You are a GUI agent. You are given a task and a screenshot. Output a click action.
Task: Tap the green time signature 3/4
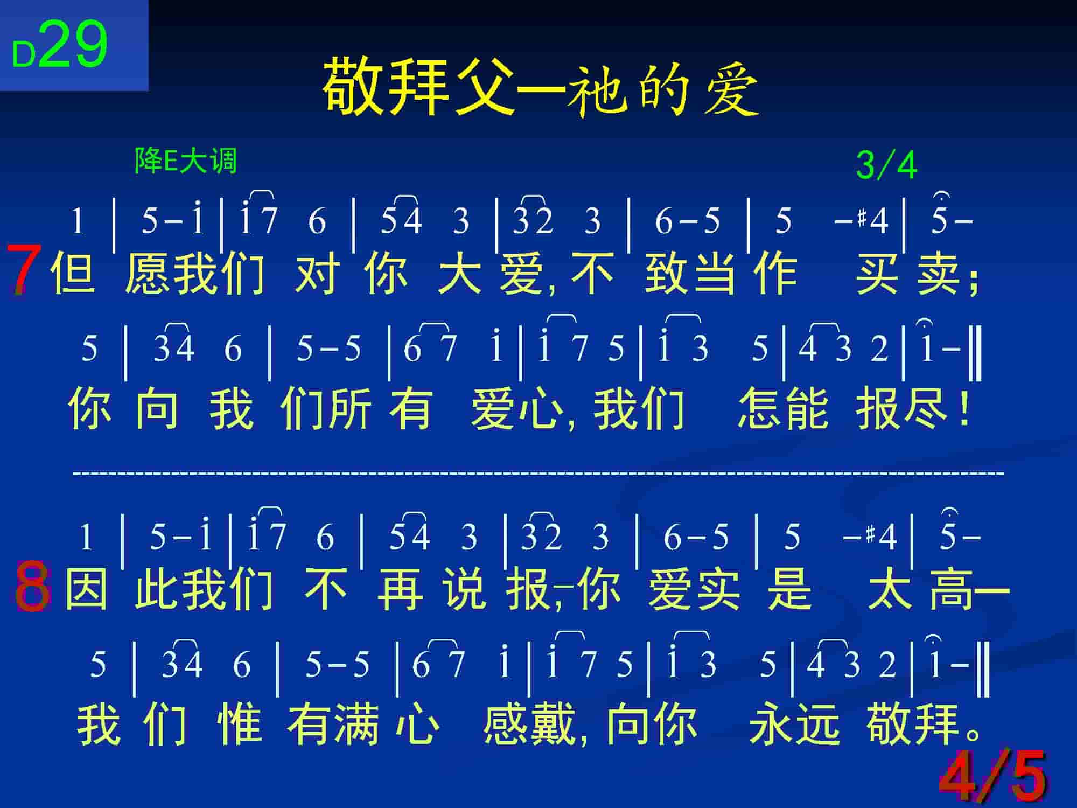pyautogui.click(x=886, y=165)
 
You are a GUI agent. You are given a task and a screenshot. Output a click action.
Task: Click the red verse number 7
pyautogui.click(x=23, y=269)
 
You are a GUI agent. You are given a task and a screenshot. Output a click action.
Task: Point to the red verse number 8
pyautogui.click(x=32, y=587)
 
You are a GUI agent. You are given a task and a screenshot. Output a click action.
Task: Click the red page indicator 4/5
pyautogui.click(x=992, y=775)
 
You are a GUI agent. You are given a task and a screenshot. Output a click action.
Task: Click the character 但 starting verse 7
pyautogui.click(x=73, y=273)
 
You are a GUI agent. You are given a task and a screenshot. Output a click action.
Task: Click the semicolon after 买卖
pyautogui.click(x=973, y=280)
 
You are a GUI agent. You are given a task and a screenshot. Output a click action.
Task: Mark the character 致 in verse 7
pyautogui.click(x=667, y=273)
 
